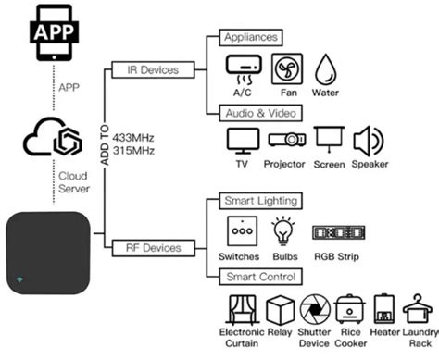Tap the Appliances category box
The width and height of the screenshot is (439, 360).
[249, 38]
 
